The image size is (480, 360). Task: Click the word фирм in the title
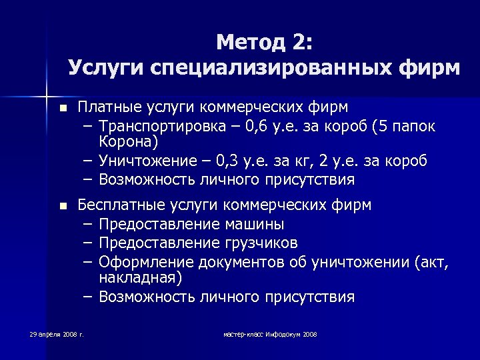click(433, 69)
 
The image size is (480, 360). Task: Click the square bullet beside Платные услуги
click(63, 108)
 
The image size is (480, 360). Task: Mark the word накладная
click(141, 277)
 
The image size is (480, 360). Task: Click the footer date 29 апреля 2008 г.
click(57, 334)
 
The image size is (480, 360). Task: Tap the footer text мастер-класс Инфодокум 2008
click(270, 334)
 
